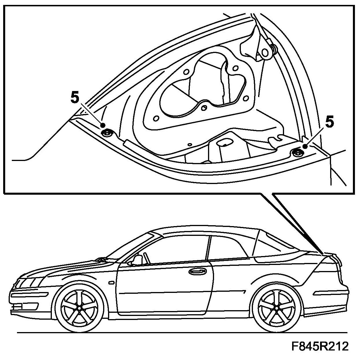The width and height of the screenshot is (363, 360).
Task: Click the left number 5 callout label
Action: click(74, 98)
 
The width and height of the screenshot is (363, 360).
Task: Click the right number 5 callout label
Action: click(330, 122)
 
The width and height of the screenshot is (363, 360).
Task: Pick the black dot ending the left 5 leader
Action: click(103, 125)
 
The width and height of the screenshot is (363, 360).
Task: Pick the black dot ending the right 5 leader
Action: click(305, 147)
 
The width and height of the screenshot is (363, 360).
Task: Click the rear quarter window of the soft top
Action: click(274, 245)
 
